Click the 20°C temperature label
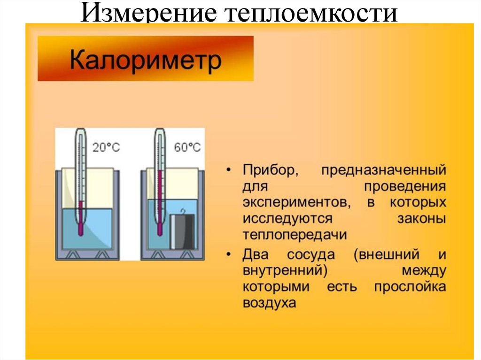click(106, 147)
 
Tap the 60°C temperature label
click(187, 147)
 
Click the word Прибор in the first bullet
click(269, 170)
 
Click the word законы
click(420, 219)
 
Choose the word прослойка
click(410, 287)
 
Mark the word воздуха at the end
click(269, 303)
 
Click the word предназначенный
click(383, 170)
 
